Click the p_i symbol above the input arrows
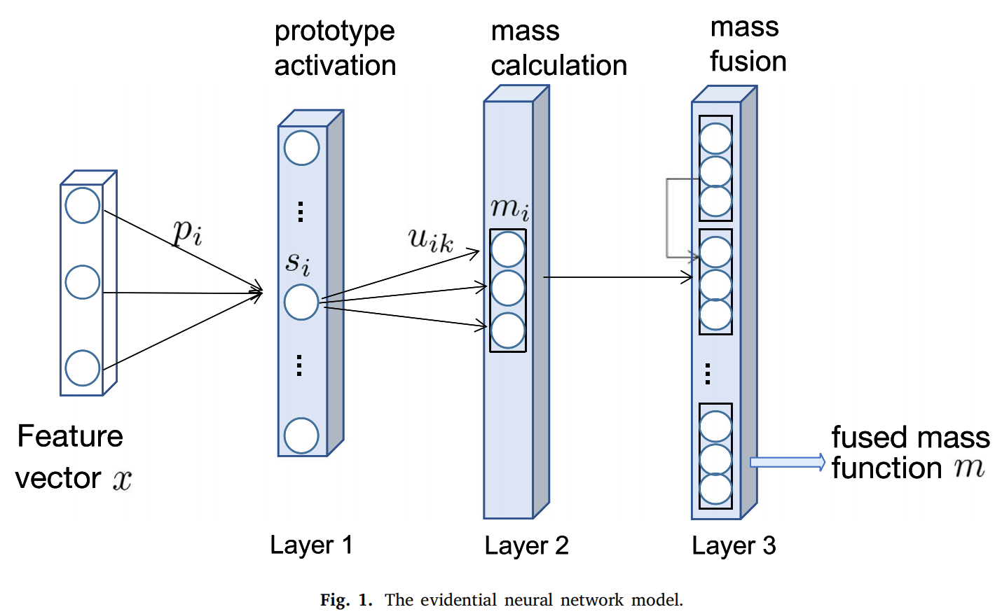pyautogui.click(x=188, y=232)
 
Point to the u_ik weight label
pyautogui.click(x=431, y=240)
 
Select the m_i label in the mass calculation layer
pyautogui.click(x=510, y=208)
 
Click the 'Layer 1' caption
pyautogui.click(x=312, y=545)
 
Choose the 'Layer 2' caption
pyautogui.click(x=527, y=545)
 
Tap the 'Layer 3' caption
pyautogui.click(x=734, y=545)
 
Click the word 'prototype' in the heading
pyautogui.click(x=334, y=32)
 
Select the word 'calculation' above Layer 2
pyautogui.click(x=558, y=65)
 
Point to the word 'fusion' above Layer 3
pyautogui.click(x=748, y=61)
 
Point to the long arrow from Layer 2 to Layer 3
pyautogui.click(x=618, y=277)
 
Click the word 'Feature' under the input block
pyautogui.click(x=70, y=436)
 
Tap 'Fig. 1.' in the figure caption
pyautogui.click(x=346, y=600)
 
